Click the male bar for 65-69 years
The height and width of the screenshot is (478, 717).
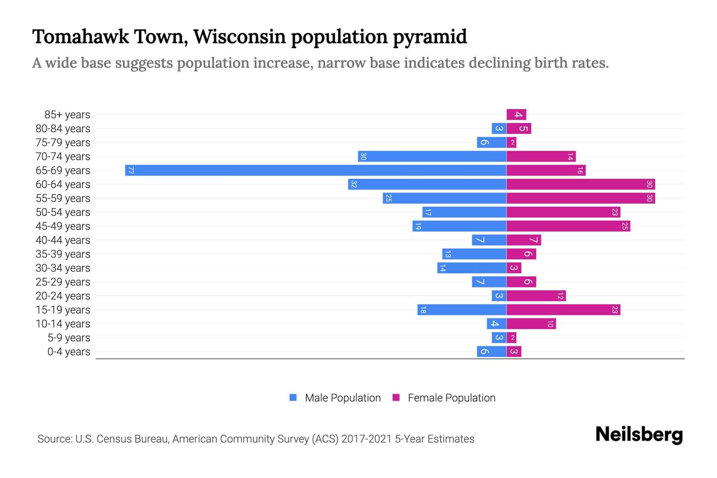click(315, 170)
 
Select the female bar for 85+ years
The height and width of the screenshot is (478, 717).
click(516, 115)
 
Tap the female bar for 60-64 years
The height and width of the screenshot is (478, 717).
click(580, 184)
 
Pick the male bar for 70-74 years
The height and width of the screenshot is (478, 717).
click(432, 157)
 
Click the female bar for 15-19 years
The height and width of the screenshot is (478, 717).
click(563, 310)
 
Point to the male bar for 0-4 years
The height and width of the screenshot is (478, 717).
click(492, 352)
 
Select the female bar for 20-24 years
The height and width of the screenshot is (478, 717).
click(536, 296)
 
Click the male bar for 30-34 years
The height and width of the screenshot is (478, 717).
click(472, 268)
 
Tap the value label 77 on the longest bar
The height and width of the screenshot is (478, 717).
click(131, 170)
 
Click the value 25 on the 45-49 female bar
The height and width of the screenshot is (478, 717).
click(625, 226)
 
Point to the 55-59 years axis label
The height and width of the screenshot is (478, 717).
click(63, 198)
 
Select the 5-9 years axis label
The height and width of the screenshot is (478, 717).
click(69, 338)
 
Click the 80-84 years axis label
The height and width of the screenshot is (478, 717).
click(63, 129)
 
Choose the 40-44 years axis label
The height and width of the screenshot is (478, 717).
click(63, 240)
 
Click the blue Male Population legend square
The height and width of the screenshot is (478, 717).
click(293, 398)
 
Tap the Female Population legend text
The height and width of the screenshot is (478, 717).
click(451, 398)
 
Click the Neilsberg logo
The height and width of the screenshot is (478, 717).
click(639, 435)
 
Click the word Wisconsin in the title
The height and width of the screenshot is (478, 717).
click(239, 37)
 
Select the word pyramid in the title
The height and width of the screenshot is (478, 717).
click(430, 37)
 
